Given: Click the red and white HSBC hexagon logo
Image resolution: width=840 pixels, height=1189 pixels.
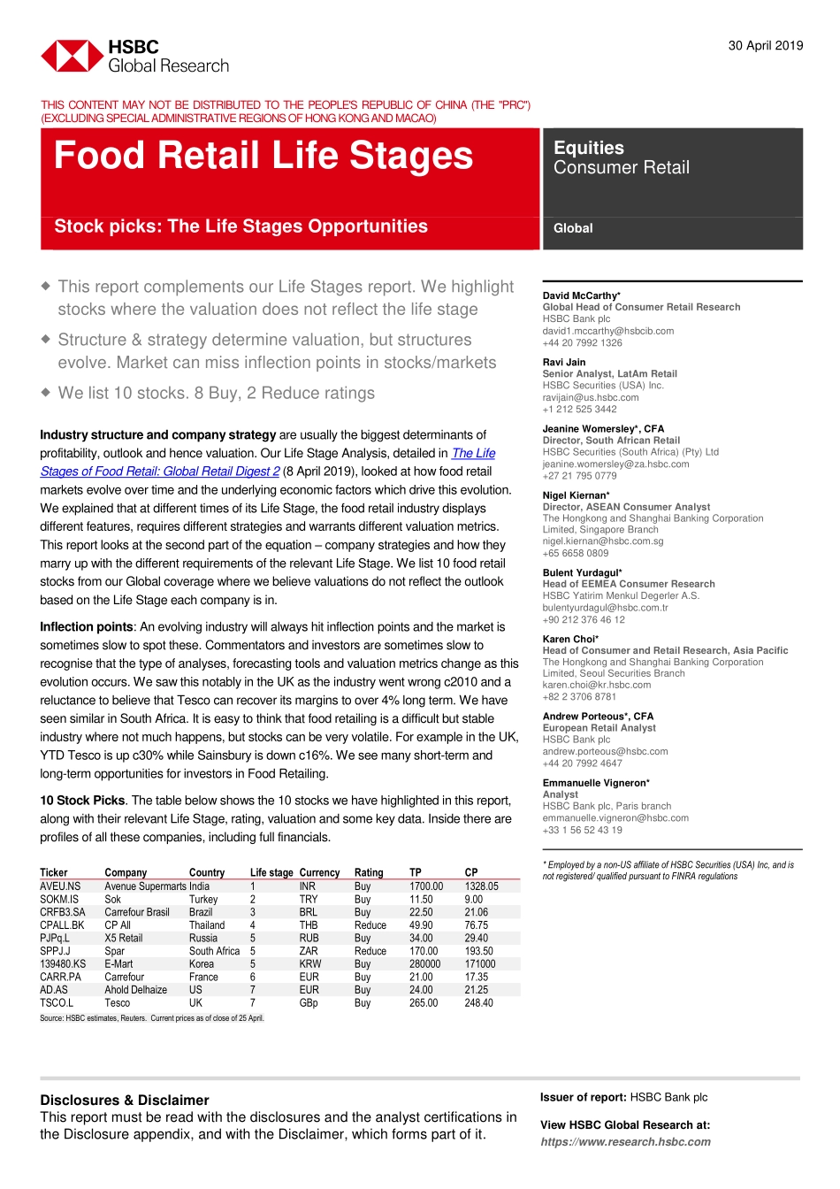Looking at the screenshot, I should point(72,56).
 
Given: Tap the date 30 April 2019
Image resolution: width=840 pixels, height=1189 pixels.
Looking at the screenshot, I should point(765,46).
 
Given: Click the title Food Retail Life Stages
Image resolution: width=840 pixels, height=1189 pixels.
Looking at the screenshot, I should point(263,156).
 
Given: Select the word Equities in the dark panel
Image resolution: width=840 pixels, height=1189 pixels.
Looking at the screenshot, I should point(588,148).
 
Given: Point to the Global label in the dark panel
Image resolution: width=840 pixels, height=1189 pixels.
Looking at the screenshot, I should point(573,228).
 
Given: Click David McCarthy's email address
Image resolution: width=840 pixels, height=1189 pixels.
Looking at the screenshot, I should point(607,331).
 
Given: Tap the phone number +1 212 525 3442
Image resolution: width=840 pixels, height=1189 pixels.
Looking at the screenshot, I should point(579,410).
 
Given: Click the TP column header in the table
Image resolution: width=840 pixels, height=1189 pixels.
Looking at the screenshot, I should point(415,872).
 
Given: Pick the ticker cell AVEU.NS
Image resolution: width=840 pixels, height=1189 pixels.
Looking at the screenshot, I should point(60,886).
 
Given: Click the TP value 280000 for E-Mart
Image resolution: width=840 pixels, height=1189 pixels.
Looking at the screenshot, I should point(424,964).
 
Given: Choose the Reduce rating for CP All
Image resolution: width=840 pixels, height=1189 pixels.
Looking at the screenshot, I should point(370,925).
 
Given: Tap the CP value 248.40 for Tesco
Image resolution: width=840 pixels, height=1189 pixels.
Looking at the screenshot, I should point(478,1003).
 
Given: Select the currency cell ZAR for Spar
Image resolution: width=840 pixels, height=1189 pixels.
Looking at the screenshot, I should point(309,951).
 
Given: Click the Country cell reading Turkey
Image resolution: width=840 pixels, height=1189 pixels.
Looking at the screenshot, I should point(202,900).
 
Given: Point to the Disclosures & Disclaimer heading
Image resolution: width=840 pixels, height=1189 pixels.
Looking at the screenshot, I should point(124,1101).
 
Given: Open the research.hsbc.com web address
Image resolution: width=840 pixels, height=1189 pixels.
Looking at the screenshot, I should point(625,1142).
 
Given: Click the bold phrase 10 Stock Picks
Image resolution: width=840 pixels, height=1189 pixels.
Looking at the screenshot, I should point(82,801).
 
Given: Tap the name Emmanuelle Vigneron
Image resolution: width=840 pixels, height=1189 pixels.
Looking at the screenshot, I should point(594,783).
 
